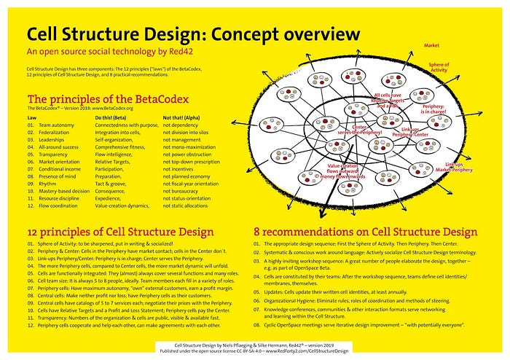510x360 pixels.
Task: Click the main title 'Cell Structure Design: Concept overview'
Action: [194, 34]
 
